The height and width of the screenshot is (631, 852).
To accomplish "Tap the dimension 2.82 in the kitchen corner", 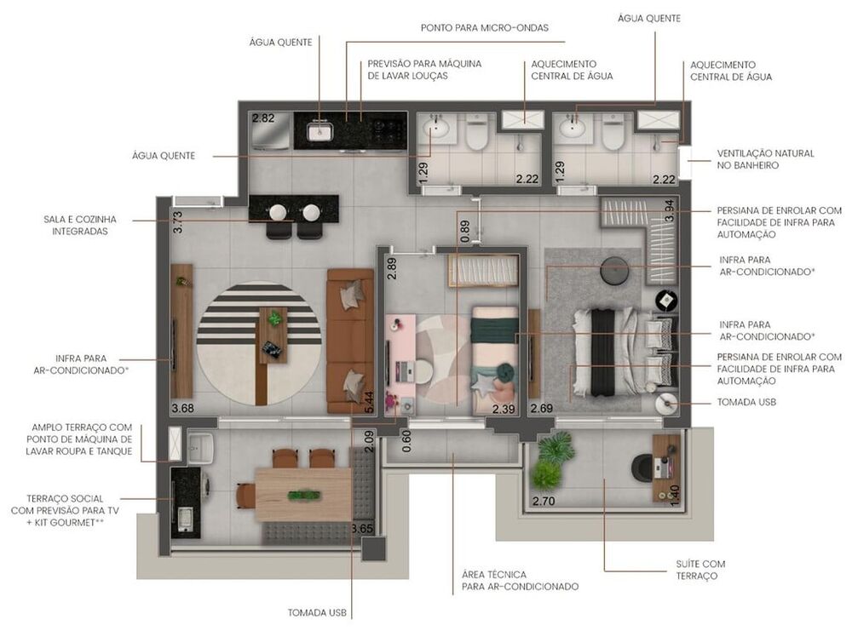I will pos(263,118).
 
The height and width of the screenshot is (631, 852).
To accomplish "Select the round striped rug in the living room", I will pos(259,343).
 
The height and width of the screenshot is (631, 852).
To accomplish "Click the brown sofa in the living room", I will pos(350,341).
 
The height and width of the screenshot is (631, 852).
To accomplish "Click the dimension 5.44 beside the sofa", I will pos(369,401).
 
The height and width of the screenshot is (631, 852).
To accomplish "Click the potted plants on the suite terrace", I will pos(550,461).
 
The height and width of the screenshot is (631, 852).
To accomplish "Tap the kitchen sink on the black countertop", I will pos(320,130).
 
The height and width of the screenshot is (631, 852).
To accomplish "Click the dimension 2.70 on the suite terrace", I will pos(544,502).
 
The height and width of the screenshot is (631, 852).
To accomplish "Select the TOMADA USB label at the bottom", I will pos(317,612).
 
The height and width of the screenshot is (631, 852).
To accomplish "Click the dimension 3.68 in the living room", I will pos(182,408).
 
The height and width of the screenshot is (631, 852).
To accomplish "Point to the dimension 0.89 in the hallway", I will pos(464,232).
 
